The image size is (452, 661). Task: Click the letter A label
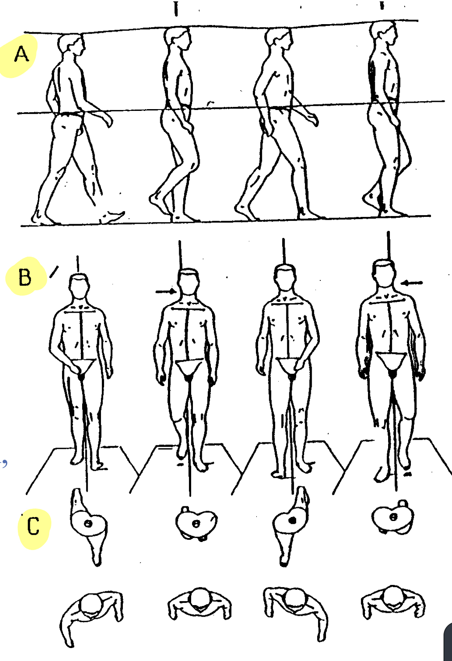[21, 55]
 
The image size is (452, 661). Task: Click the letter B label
[25, 277]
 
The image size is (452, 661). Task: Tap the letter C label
[33, 526]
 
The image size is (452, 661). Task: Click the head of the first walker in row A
[71, 44]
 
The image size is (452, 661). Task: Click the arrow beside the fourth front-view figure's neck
[412, 283]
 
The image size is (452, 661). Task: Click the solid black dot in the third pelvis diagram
[292, 520]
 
